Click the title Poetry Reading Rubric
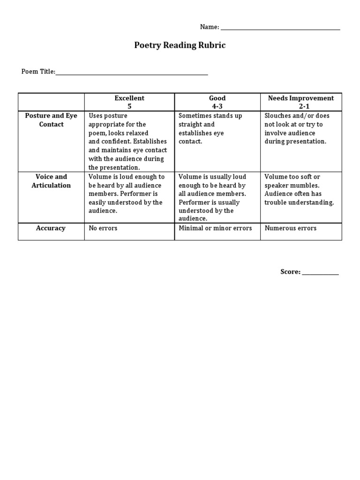point(180,45)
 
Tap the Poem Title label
point(38,72)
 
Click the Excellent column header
point(129,98)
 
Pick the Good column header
point(217,98)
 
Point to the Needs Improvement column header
point(301,98)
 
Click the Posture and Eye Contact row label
point(51,120)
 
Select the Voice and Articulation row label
point(51,181)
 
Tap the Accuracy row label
point(51,228)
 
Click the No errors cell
point(103,228)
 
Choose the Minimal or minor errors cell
point(215,228)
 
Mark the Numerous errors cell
point(290,228)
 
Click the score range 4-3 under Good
point(217,106)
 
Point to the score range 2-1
point(301,106)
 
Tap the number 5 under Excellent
point(129,106)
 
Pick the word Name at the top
point(209,27)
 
